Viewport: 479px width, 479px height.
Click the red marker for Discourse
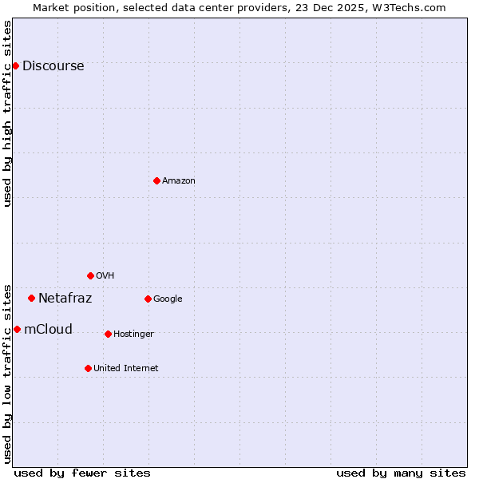(x=15, y=65)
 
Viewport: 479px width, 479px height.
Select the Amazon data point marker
(x=156, y=180)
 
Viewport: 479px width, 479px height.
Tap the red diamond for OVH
(x=90, y=275)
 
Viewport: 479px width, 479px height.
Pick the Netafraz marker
(x=31, y=298)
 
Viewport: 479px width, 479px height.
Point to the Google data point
(x=148, y=299)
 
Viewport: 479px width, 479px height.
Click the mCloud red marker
(x=17, y=329)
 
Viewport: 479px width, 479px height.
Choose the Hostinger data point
(x=108, y=334)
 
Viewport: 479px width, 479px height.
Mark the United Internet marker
(x=88, y=368)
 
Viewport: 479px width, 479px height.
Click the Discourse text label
(x=53, y=66)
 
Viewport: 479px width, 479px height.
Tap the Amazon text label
(x=179, y=181)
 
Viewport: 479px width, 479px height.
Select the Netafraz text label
(x=65, y=299)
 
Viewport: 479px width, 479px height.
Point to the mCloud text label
(x=48, y=330)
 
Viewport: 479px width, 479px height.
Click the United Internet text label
(x=125, y=369)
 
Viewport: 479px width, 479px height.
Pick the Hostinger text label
(x=133, y=335)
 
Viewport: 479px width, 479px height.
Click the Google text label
(x=168, y=299)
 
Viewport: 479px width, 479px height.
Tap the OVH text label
(x=105, y=276)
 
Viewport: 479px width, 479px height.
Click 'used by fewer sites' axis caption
(x=82, y=473)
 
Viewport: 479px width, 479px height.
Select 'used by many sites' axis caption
(x=401, y=473)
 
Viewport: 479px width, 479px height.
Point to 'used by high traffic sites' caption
(x=8, y=113)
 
